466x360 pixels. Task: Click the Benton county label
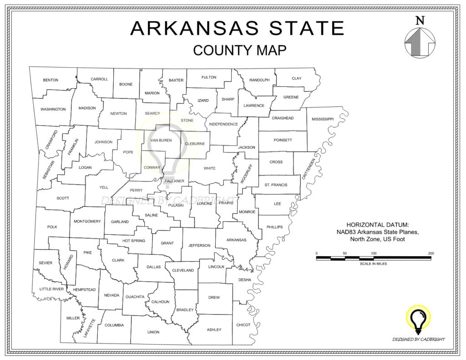point(51,80)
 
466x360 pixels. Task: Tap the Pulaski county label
point(176,205)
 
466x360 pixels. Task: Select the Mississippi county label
point(323,119)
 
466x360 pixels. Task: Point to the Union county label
point(153,332)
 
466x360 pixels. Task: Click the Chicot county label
point(243,325)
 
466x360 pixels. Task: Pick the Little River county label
point(51,289)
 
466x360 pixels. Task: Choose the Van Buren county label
point(161,140)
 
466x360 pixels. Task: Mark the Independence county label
point(223,124)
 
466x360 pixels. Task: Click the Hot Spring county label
point(134,241)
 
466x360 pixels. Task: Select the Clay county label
point(296,78)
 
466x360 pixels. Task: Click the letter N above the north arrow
point(420,20)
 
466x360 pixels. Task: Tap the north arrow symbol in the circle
point(420,42)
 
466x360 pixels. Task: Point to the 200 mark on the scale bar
point(431,253)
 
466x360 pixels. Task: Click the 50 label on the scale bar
point(345,253)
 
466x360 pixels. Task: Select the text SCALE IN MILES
point(373,264)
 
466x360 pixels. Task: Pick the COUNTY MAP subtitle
point(239,50)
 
